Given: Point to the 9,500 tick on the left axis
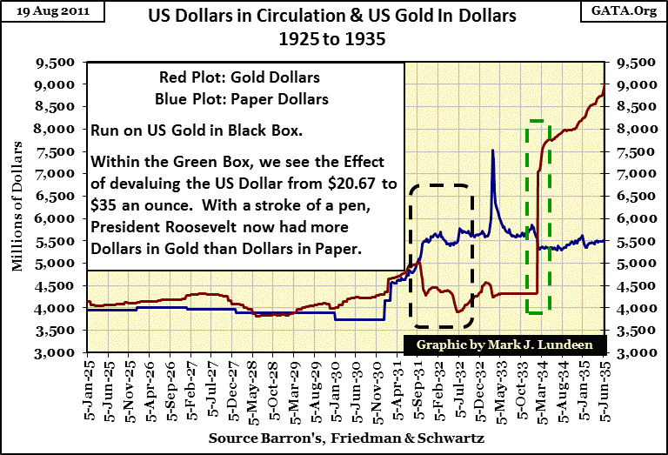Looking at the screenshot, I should pos(64,63).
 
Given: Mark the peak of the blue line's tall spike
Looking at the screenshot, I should pos(493,151).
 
